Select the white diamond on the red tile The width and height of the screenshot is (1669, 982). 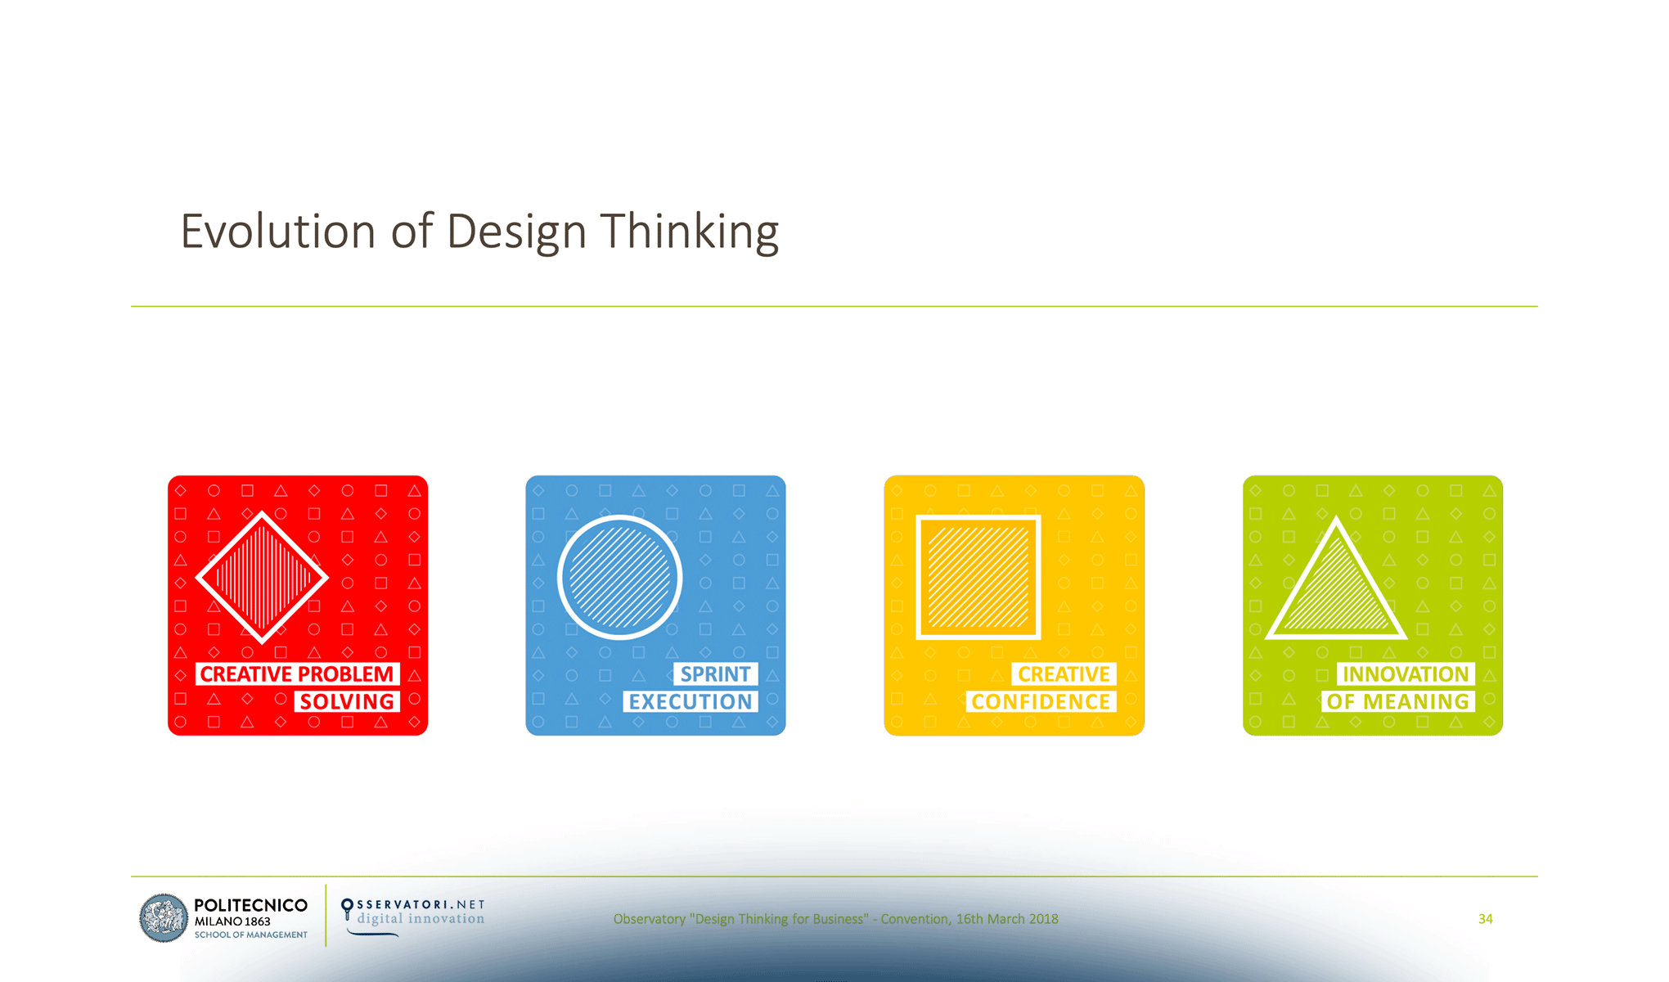tap(262, 578)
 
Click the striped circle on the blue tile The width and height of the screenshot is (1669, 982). tap(620, 578)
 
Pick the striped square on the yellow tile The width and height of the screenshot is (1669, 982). tap(978, 578)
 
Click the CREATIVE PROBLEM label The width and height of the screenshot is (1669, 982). tap(297, 674)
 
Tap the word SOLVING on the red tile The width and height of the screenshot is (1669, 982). tap(347, 702)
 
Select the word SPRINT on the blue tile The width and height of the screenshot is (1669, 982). tap(715, 674)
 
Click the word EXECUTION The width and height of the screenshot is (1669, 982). tap(690, 702)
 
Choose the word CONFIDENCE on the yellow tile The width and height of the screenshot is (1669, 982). tap(1040, 702)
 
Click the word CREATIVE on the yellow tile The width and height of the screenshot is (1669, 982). tap(1064, 674)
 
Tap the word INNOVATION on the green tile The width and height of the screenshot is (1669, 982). tap(1406, 674)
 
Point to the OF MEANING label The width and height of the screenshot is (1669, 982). tap(1397, 702)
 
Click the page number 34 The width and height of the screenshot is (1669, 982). tap(1486, 919)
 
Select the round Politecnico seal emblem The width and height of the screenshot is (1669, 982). tap(164, 918)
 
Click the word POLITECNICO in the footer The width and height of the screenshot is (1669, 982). tap(250, 905)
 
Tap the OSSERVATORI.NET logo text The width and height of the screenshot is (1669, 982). tap(421, 904)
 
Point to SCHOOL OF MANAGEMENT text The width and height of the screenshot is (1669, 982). tap(250, 935)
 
